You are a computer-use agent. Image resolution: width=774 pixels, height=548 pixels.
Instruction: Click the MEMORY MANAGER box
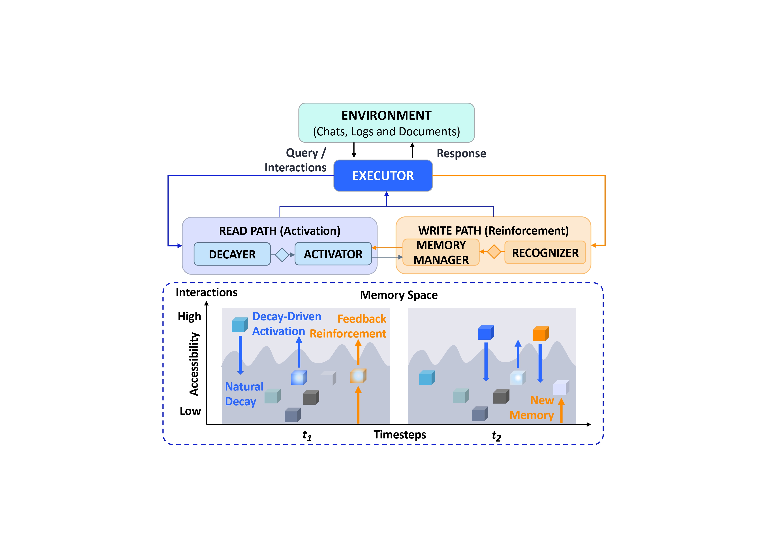(441, 252)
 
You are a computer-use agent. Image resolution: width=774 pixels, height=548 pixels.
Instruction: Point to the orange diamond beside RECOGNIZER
(494, 252)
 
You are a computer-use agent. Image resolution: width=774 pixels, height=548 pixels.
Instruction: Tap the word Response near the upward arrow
(461, 154)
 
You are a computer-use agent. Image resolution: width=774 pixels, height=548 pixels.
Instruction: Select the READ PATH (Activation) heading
(280, 231)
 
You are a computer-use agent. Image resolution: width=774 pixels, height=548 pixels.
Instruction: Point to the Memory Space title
(398, 295)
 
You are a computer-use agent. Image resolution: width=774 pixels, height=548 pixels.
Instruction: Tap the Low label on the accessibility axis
(190, 411)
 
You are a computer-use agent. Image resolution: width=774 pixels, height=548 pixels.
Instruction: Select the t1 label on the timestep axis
(307, 435)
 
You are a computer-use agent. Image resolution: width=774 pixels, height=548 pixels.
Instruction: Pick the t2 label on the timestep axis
(496, 436)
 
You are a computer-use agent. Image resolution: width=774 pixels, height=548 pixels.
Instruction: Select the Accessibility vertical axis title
(194, 364)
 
